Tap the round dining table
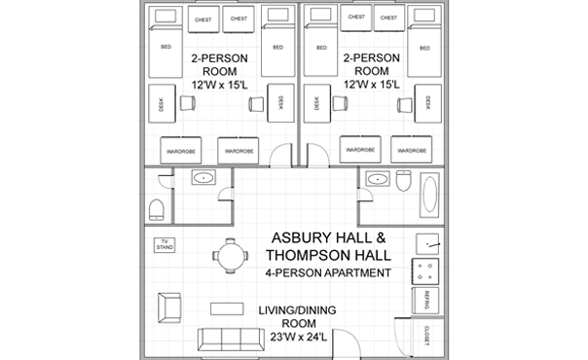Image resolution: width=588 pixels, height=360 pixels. pos(231,257)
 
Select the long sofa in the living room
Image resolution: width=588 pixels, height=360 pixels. pos(230,340)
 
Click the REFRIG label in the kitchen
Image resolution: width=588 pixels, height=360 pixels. pos(426,301)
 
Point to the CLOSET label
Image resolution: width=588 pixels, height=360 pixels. pos(426,337)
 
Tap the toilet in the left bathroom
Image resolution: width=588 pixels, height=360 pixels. pos(156,209)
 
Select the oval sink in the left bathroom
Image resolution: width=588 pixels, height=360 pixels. pos(204,178)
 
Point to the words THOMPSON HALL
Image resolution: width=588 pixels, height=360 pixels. pos(330,255)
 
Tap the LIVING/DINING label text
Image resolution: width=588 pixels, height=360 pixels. pos(290,310)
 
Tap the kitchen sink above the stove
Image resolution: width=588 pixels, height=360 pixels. pos(427,243)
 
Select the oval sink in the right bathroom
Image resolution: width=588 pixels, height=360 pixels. pos(374,178)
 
